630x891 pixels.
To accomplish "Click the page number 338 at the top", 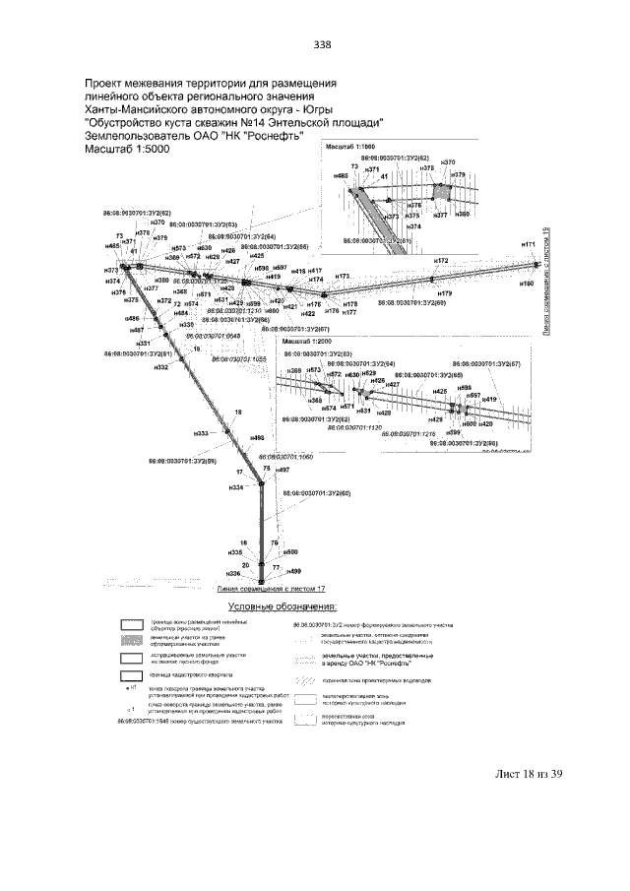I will pyautogui.click(x=322, y=44).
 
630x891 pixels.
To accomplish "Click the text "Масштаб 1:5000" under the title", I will pyautogui.click(x=128, y=151).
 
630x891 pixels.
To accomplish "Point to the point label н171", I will pyautogui.click(x=529, y=243).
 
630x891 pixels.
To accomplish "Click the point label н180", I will pyautogui.click(x=527, y=284).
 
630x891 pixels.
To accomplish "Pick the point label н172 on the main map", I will pyautogui.click(x=441, y=261).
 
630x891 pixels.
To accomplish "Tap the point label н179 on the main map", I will pyautogui.click(x=445, y=293).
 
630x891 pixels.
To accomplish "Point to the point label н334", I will pyautogui.click(x=236, y=488).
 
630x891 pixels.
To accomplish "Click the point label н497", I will pyautogui.click(x=283, y=471).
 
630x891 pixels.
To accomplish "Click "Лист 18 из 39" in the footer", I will pyautogui.click(x=528, y=746).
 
